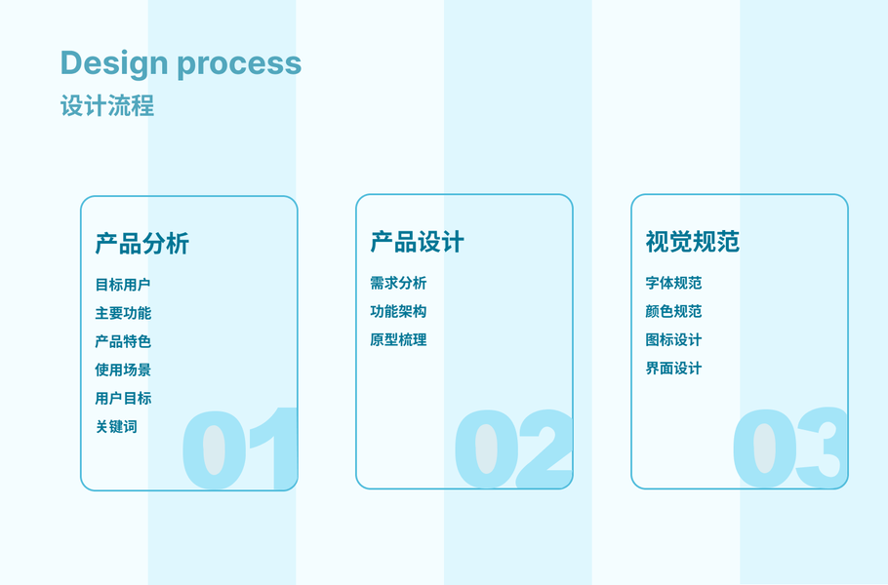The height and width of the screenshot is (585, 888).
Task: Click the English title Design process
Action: click(181, 64)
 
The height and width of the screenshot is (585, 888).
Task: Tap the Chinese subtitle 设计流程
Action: click(107, 105)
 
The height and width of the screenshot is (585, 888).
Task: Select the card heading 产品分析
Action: click(141, 244)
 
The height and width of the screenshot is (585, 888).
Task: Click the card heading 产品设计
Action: click(417, 242)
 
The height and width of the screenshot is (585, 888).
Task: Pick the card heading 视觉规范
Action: click(692, 242)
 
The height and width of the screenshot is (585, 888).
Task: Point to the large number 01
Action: click(239, 448)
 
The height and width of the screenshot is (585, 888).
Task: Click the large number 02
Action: click(513, 448)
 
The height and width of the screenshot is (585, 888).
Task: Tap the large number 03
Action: click(788, 448)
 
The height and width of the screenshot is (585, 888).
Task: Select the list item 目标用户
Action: click(123, 285)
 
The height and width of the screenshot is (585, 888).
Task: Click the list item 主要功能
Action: click(123, 313)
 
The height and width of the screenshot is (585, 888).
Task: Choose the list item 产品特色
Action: click(123, 341)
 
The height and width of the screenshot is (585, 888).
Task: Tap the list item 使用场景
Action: click(123, 370)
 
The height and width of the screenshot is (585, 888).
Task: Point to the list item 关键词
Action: click(116, 426)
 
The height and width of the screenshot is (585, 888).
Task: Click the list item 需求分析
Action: click(398, 283)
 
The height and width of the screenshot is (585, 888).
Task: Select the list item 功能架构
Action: click(398, 311)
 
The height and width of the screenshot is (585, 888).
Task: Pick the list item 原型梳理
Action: click(398, 339)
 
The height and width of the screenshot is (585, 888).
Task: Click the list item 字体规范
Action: click(673, 283)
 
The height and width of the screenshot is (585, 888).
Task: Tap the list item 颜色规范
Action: click(673, 311)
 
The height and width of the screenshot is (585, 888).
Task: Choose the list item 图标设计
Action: click(673, 339)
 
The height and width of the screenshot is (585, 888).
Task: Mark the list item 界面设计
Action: click(673, 368)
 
